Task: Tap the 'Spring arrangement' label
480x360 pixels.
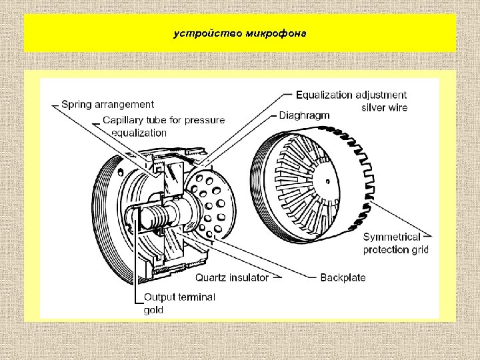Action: pyautogui.click(x=107, y=104)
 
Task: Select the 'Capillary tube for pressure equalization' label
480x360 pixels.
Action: pyautogui.click(x=163, y=126)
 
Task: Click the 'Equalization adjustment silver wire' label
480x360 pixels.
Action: pyautogui.click(x=351, y=101)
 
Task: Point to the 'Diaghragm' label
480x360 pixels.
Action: pyautogui.click(x=304, y=115)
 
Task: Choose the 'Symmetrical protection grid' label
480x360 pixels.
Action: pyautogui.click(x=395, y=243)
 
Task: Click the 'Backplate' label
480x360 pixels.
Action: pyautogui.click(x=343, y=277)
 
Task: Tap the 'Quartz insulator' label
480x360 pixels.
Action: pyautogui.click(x=232, y=277)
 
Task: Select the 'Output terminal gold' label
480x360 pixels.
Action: pyautogui.click(x=179, y=303)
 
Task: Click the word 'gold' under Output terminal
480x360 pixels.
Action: pyautogui.click(x=153, y=310)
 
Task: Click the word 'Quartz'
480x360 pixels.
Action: pyautogui.click(x=213, y=277)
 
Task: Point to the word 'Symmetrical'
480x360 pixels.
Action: pyautogui.click(x=391, y=237)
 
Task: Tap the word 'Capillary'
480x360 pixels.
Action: pyautogui.click(x=125, y=120)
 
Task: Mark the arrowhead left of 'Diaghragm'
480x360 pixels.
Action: pyautogui.click(x=274, y=115)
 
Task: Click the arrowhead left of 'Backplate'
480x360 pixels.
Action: pyautogui.click(x=314, y=277)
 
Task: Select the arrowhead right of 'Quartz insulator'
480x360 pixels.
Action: pyautogui.click(x=276, y=277)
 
